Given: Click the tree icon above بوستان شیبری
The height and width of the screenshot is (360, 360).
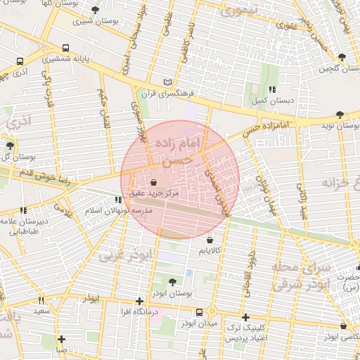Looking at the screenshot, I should (95, 10).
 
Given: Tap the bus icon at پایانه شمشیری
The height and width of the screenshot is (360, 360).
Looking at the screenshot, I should (65, 49).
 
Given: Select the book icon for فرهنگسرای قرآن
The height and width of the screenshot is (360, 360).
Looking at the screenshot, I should (167, 82).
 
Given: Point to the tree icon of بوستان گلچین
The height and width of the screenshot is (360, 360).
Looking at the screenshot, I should (342, 57).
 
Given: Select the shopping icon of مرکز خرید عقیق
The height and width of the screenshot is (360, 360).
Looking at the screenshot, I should (154, 182).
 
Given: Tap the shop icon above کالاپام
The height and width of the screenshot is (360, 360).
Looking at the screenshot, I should (210, 240).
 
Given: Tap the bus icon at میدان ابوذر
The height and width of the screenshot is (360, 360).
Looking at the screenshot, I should (199, 312).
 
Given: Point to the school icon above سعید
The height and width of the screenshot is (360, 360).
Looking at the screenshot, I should (40, 300).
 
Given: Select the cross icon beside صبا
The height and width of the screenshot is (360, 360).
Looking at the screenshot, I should (62, 340).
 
